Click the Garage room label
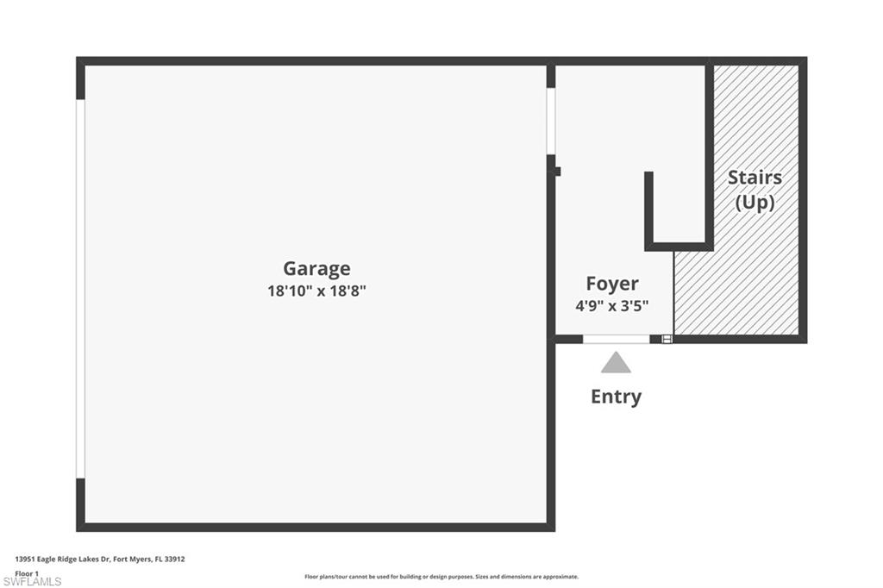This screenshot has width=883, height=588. [x=316, y=268]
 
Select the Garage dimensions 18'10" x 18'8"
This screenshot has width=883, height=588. [x=316, y=291]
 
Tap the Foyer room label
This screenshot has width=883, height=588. [x=612, y=284]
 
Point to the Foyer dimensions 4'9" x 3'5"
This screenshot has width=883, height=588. [x=612, y=305]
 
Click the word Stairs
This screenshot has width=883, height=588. [x=755, y=178]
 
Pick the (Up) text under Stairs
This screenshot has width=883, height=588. [x=755, y=203]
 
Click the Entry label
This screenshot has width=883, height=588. [x=616, y=397]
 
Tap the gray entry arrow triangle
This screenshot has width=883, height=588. [x=616, y=363]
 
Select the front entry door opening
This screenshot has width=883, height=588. [x=616, y=339]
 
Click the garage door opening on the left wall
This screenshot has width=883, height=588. [x=80, y=289]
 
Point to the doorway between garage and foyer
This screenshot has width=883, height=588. [x=550, y=121]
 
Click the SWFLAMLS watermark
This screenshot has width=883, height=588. [x=33, y=581]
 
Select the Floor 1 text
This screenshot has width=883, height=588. [x=27, y=572]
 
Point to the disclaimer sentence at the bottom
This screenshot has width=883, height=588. [x=441, y=577]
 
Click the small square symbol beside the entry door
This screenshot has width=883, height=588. [x=666, y=339]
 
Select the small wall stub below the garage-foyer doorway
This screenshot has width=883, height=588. [x=556, y=171]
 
